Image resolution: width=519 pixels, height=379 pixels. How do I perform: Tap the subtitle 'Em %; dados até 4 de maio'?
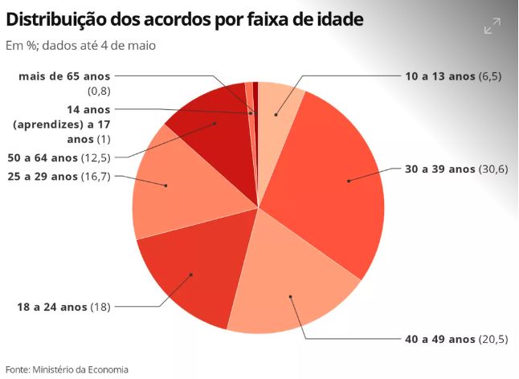point(80,46)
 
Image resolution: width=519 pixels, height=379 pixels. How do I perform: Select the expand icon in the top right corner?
point(492,27)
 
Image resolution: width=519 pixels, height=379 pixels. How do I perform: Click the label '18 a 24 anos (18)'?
point(63,307)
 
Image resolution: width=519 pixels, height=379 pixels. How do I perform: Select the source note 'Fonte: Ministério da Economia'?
point(67,369)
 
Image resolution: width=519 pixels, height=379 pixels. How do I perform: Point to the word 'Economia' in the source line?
point(105,369)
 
